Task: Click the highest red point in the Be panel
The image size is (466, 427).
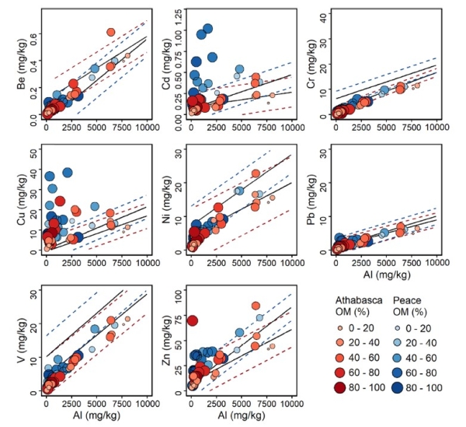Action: click(x=111, y=32)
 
